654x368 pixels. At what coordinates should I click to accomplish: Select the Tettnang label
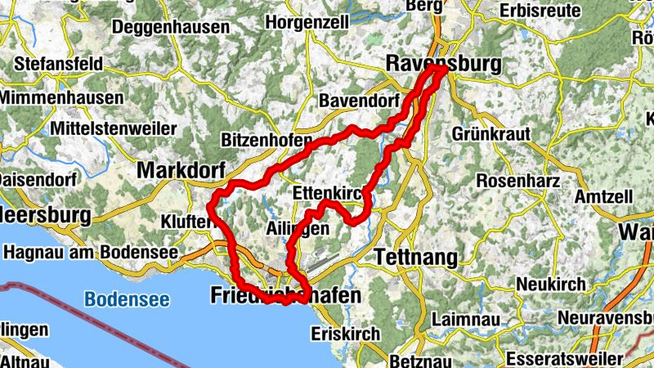point(416,258)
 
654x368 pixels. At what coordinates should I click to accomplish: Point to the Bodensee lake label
point(127,299)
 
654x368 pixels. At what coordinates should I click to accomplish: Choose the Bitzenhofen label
point(267,140)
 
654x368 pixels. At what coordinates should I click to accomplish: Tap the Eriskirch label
point(346,334)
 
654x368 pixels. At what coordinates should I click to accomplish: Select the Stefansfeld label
point(57,62)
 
